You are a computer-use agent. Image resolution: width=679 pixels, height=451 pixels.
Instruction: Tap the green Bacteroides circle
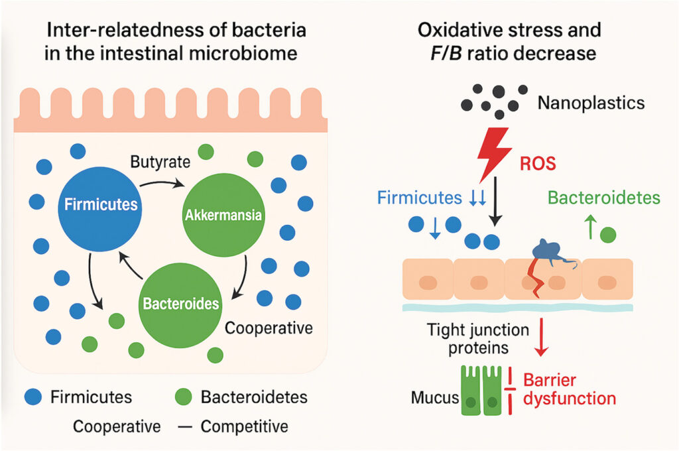(180, 302)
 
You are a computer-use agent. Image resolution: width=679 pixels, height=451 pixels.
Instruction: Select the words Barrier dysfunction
(570, 389)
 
